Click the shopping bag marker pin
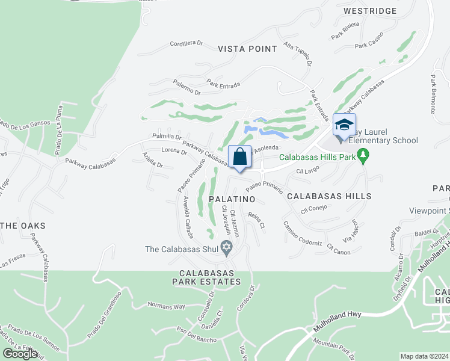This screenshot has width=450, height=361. coord(240,158)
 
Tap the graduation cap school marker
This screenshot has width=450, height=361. coord(344,126)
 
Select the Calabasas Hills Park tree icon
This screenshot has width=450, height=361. coord(363,158)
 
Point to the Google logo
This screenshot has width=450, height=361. coord(20,354)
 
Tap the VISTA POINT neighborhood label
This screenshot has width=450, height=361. coord(247,49)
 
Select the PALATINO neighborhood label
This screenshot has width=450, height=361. coord(232,199)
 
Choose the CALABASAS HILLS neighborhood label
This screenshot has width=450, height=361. coord(328,196)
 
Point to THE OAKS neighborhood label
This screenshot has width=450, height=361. coord(22,226)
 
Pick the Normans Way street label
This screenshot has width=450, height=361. coord(166,306)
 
